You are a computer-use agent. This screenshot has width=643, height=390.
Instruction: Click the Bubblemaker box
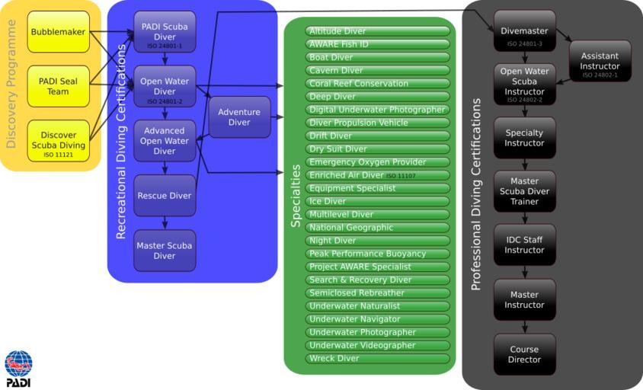(x=59, y=32)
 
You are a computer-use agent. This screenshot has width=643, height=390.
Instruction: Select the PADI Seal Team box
(x=59, y=86)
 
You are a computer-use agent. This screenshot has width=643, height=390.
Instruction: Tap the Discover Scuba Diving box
(x=59, y=141)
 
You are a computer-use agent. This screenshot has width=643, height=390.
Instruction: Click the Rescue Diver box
(x=165, y=196)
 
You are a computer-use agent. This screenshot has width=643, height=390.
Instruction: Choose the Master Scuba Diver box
(x=165, y=251)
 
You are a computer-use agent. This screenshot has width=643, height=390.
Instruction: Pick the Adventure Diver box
(x=239, y=117)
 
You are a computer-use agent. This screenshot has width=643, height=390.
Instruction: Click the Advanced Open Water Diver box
(x=165, y=141)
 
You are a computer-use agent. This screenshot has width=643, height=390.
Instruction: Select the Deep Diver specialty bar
(x=378, y=97)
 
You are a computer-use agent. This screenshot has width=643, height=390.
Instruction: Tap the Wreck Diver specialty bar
(x=378, y=358)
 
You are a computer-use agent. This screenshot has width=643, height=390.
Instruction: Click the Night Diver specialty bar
(x=378, y=241)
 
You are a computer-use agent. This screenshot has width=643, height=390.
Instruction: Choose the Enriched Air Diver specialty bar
(x=378, y=175)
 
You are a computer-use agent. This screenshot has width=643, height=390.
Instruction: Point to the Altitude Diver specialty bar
(x=378, y=31)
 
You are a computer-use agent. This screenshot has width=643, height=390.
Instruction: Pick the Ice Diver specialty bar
(x=378, y=201)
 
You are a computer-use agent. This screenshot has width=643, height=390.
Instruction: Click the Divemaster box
(x=524, y=31)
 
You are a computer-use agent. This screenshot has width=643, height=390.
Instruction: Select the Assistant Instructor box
(x=600, y=61)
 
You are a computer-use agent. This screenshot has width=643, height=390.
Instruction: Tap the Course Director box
(x=524, y=354)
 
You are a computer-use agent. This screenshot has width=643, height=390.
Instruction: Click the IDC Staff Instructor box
(x=524, y=245)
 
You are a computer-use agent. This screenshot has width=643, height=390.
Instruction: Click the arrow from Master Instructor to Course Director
(x=524, y=327)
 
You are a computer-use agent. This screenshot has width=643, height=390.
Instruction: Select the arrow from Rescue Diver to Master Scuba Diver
(x=165, y=222)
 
